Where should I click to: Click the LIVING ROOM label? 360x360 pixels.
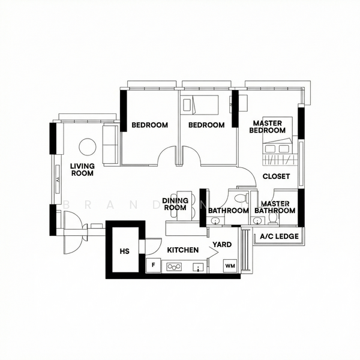click(x=82, y=170)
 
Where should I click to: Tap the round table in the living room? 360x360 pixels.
click(x=88, y=147)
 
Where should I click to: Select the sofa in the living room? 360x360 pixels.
click(x=110, y=144)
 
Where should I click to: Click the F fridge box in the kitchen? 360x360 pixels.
click(x=154, y=265)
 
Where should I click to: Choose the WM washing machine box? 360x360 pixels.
click(x=230, y=265)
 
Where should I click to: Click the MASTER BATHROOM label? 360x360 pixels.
click(x=275, y=208)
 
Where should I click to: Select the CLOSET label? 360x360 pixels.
click(x=276, y=177)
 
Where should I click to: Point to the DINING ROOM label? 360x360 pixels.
click(x=175, y=204)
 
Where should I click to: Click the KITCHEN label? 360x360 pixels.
click(x=182, y=250)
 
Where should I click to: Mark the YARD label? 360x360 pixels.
click(x=222, y=245)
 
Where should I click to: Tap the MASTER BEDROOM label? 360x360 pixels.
click(x=267, y=127)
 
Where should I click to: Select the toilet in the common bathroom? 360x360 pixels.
click(x=240, y=197)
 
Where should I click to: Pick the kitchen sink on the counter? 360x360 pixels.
click(x=197, y=266)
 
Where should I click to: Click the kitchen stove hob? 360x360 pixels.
click(x=175, y=265)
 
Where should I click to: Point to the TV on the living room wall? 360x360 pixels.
click(x=57, y=179)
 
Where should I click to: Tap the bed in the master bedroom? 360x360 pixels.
click(x=280, y=143)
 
